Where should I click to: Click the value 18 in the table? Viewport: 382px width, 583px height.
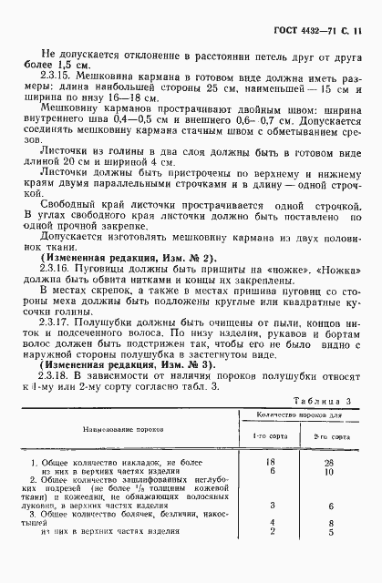coord(269,463)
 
